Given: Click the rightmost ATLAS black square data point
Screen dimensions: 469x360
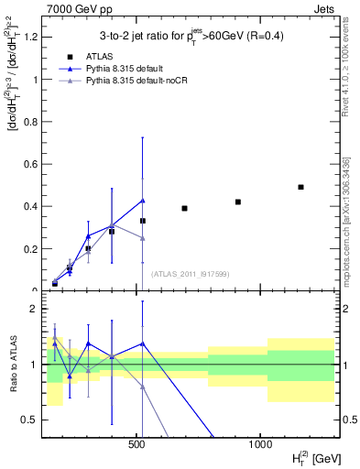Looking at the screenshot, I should tap(300, 187).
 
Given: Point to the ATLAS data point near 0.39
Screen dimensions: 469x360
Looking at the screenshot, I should tap(184, 208).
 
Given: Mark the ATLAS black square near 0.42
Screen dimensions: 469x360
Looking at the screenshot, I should tap(238, 202).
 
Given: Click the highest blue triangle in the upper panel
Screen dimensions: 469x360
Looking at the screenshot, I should tap(143, 201).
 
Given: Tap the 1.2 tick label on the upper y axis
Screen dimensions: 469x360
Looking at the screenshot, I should tap(29, 37).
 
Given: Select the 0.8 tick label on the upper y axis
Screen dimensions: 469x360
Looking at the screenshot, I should tap(29, 122).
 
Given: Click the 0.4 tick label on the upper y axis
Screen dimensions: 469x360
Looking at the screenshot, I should tap(29, 206).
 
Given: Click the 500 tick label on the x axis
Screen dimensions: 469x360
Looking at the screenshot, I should tap(137, 444).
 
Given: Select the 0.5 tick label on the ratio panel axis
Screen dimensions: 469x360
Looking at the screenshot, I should tap(29, 420).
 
